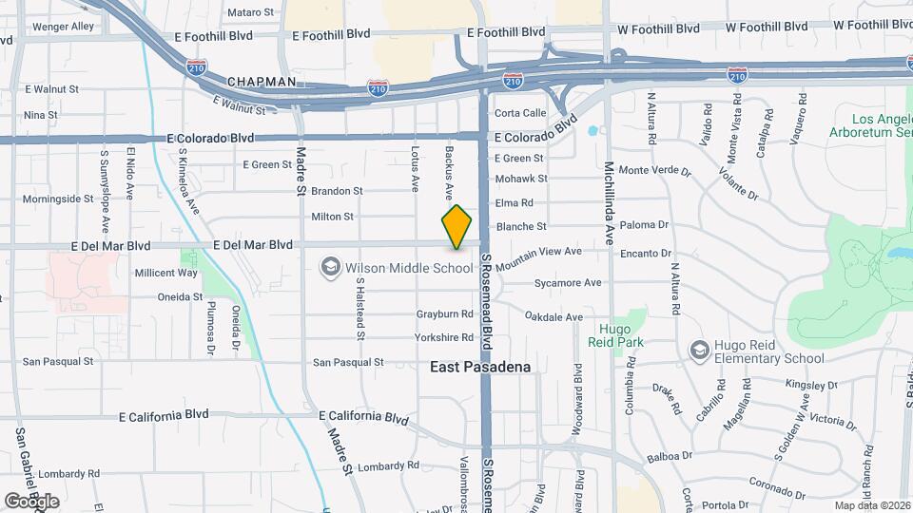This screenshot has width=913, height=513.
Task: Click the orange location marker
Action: [457, 226]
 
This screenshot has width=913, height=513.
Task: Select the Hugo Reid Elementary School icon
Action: [699, 351]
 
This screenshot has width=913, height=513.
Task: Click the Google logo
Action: [31, 501]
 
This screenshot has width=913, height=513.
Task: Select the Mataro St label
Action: [251, 12]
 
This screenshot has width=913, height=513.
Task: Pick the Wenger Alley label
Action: [64, 27]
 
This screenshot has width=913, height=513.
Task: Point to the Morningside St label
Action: [58, 199]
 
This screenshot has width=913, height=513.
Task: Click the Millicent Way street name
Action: [165, 273]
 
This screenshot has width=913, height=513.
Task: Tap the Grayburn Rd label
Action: [444, 313]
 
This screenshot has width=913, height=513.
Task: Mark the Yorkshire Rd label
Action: [444, 337]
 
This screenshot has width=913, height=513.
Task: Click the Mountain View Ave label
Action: [537, 258]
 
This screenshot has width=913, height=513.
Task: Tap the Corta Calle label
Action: [519, 113]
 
